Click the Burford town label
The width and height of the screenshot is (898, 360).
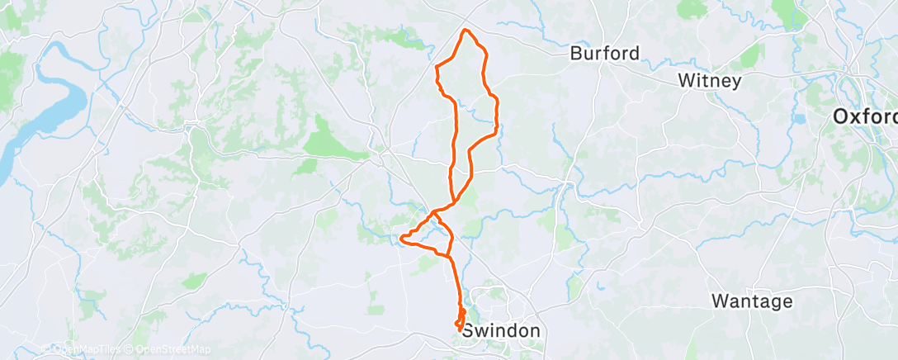click(x=605, y=54)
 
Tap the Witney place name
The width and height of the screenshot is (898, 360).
click(x=709, y=81)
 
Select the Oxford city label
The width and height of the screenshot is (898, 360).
click(x=864, y=117)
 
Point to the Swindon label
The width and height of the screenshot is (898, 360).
click(x=501, y=331)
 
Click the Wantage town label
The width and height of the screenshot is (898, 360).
click(x=752, y=301)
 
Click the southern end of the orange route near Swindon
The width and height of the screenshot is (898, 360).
click(x=459, y=331)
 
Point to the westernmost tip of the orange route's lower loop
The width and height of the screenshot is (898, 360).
click(x=400, y=239)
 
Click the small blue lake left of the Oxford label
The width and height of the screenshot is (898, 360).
click(x=798, y=119)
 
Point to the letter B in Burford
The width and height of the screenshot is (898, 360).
click(x=576, y=54)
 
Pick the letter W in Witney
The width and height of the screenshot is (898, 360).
click(x=685, y=81)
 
